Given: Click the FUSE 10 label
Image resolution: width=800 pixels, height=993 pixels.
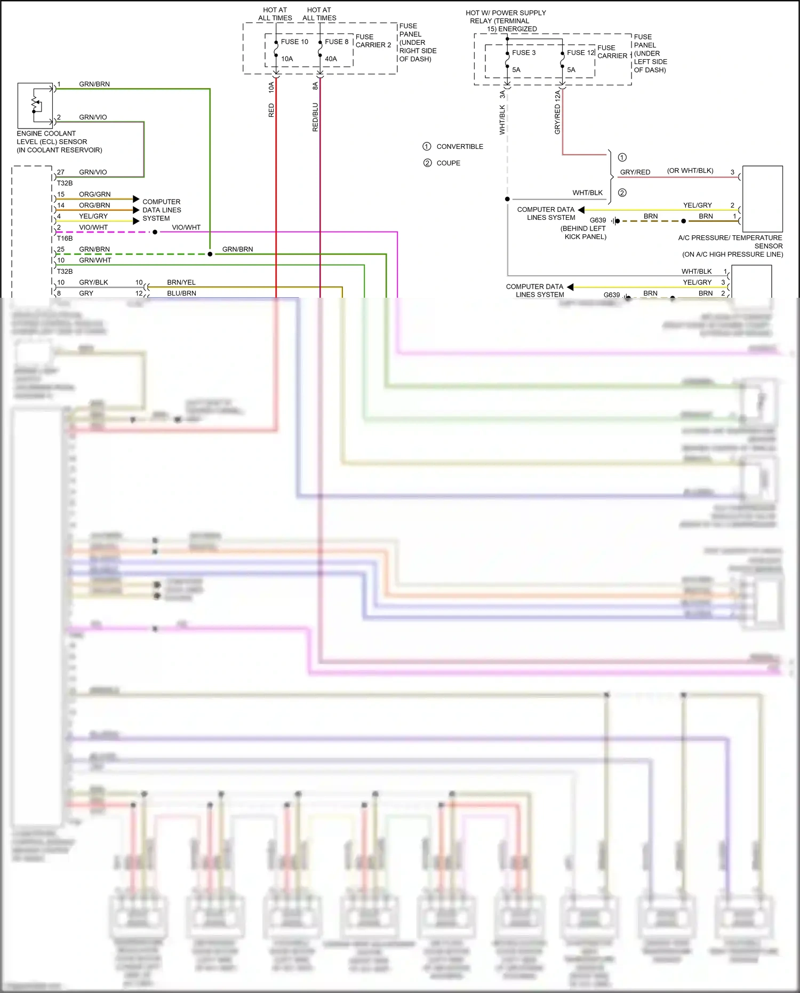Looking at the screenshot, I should pos(294,42).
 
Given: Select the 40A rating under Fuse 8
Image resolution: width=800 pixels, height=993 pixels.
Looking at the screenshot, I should pos(331,59).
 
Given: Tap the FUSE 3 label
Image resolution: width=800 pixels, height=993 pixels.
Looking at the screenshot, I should pos(523,53).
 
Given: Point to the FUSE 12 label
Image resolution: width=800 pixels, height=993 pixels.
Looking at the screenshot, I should pos(580,53).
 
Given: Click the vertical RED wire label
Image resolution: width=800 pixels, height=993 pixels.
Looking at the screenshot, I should pos(271,110).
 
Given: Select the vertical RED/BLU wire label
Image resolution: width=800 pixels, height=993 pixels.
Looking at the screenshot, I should pos(315,117).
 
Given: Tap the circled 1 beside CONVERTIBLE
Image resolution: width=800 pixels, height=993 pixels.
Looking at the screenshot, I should pos(427,146).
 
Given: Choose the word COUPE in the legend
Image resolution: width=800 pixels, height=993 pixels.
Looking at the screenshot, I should pos(448,163).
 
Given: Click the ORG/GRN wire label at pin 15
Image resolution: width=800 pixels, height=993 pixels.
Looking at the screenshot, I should pos(95,194).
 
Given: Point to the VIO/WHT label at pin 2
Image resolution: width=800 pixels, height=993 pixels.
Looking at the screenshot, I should pos(93,227).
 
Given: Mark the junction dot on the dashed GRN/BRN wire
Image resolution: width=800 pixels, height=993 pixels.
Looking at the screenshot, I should pos(210,254).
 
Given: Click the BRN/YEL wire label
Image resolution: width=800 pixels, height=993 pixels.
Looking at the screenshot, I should pos(181,282).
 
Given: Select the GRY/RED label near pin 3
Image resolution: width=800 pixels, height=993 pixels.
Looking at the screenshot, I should pos(635,172).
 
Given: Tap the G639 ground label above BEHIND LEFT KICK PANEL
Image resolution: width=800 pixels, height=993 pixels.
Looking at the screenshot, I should pos(598,220).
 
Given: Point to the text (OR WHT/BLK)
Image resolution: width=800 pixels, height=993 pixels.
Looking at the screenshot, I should pos(690,171).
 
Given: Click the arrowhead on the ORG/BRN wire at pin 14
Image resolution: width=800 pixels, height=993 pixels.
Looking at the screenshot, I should pos(137,210).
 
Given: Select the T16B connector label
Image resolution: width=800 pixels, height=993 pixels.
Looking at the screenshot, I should pos(65,239).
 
